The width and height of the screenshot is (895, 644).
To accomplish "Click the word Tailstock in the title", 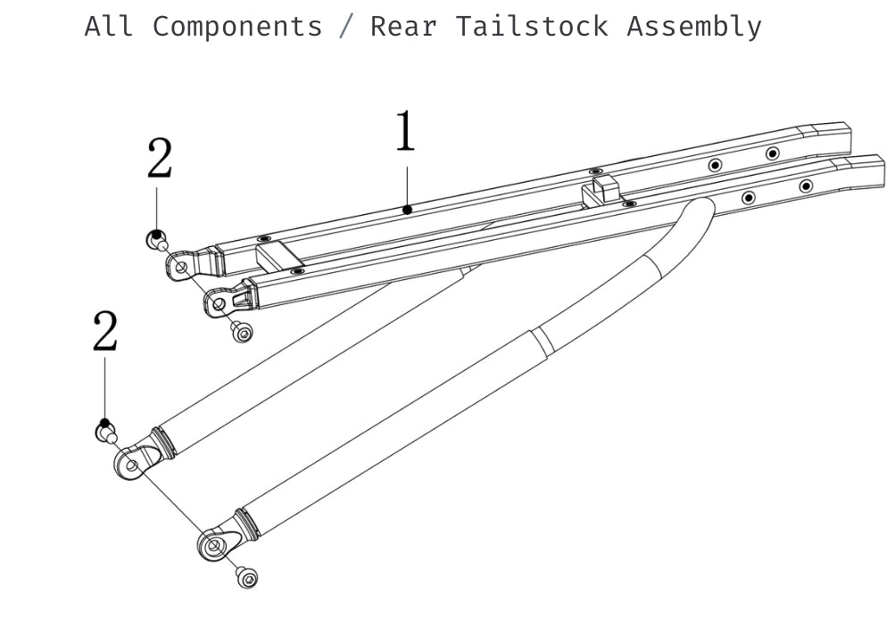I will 532,26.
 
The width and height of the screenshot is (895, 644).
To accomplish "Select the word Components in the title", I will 236,26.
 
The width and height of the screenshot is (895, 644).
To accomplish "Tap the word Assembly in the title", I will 693,27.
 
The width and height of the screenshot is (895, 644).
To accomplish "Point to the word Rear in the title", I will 403,26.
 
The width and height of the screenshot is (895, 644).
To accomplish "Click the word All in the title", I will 109,26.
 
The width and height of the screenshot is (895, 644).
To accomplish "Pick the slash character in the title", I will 345,27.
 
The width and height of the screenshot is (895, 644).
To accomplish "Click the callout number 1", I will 405,132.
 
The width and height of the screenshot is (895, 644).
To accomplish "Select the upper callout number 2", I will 160,160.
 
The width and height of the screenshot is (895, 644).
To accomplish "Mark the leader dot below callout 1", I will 407,210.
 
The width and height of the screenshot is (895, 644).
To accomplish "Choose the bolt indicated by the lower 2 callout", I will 106,433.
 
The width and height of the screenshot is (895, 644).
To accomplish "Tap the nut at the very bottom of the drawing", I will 248,578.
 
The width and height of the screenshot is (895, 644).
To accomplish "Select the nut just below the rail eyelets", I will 242,332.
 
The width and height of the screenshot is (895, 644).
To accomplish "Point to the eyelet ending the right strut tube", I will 214,544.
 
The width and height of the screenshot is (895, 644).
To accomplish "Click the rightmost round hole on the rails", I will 806,186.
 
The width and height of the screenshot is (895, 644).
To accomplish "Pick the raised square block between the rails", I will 604,190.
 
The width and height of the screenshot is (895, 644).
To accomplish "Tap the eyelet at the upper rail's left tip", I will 180,265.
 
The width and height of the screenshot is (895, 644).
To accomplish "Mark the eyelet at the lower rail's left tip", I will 219,303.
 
